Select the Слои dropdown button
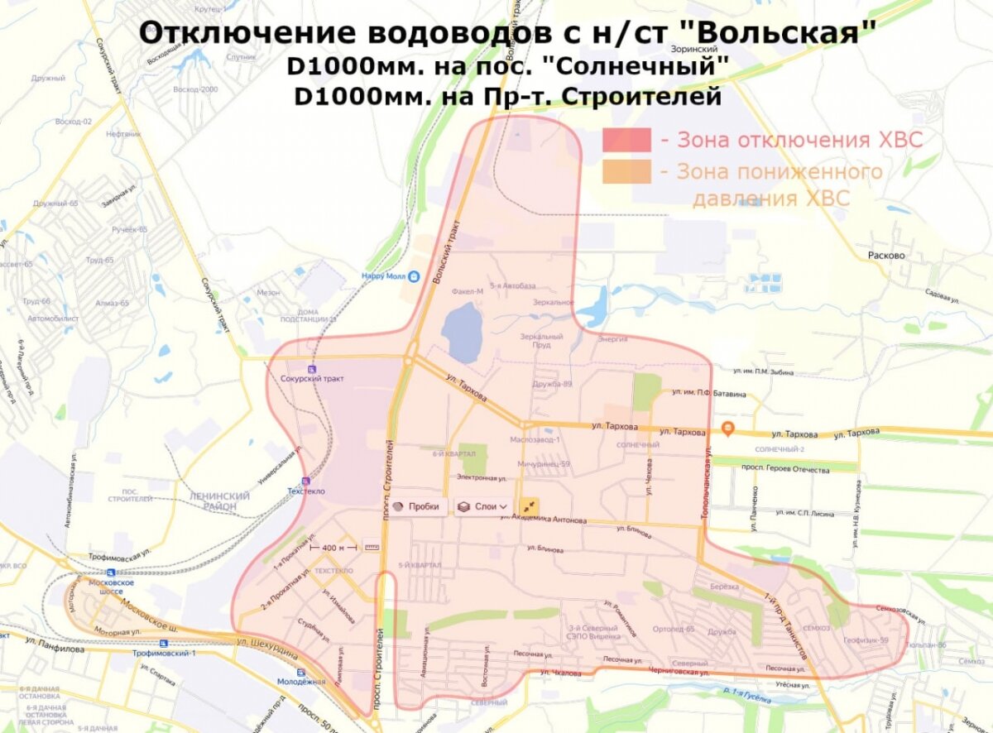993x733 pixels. click(x=483, y=506)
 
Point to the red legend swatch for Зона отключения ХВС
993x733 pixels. click(x=626, y=140)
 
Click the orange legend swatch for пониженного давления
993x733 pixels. click(x=626, y=172)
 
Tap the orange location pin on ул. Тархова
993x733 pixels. click(x=728, y=429)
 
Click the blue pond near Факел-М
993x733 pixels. click(x=462, y=331)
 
